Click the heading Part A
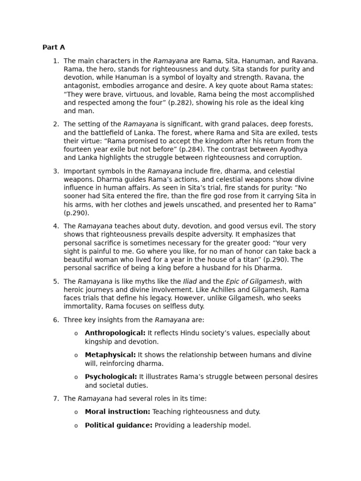54,47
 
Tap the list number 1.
56,61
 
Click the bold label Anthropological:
115,333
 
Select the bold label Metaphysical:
110,355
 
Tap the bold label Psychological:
111,377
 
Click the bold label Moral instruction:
118,412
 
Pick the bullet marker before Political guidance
76,426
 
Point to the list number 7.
56,399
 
